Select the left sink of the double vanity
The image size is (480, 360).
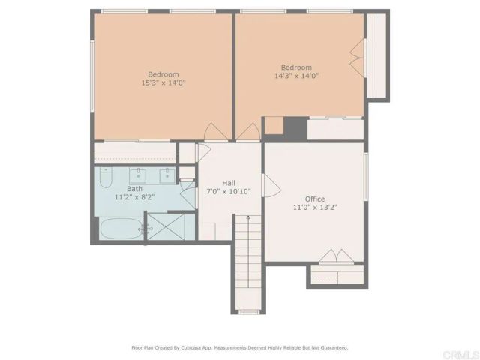click(x=139, y=176)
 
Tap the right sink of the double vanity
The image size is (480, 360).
click(x=166, y=176)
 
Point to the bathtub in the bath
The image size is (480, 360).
click(x=120, y=229)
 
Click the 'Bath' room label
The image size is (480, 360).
click(x=134, y=189)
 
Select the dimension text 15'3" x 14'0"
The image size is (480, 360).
click(x=163, y=83)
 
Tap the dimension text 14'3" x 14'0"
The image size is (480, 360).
click(x=295, y=76)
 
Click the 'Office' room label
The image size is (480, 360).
click(x=314, y=199)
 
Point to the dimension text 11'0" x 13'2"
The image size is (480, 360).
click(x=314, y=208)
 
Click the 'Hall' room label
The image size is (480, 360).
click(x=229, y=182)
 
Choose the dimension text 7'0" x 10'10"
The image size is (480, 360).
click(x=229, y=192)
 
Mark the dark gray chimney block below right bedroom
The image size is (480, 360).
click(x=295, y=127)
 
